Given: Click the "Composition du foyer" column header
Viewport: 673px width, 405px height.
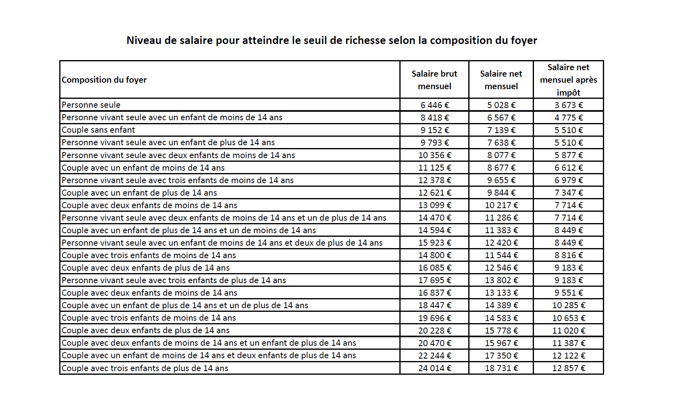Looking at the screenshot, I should (104, 80).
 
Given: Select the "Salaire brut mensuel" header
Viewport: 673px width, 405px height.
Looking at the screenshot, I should (434, 80).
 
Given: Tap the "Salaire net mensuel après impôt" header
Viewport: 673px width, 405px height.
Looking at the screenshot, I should (568, 80).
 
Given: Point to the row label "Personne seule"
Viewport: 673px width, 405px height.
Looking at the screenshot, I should (91, 105).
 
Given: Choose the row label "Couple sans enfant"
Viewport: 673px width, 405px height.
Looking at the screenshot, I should (98, 130).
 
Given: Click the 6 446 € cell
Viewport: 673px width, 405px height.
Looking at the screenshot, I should (434, 105).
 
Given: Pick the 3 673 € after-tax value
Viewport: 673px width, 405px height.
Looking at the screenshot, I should (568, 105).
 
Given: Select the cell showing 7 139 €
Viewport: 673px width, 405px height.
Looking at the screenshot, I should (501, 130).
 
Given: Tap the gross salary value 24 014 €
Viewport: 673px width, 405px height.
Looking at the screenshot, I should (434, 368).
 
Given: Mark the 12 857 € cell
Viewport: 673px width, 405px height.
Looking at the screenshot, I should (568, 368).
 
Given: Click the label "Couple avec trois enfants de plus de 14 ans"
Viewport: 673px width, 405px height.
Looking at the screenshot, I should (145, 368).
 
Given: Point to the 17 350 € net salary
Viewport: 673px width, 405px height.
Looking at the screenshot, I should (501, 356).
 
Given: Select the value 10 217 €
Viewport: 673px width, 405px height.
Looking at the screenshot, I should (501, 205).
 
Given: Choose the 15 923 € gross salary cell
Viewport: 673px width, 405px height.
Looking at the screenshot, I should (434, 243).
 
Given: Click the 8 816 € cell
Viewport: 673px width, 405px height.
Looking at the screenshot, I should (568, 255).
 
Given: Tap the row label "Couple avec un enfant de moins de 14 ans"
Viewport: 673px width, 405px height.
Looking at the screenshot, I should (143, 168).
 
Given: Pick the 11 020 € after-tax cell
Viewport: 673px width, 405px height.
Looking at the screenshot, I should (568, 331).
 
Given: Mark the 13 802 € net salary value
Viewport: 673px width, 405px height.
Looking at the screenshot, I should (501, 280).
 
